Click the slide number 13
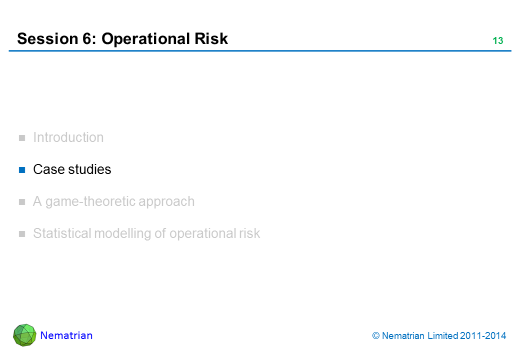[x=498, y=40]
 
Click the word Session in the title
[x=47, y=39]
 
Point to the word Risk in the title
[x=211, y=39]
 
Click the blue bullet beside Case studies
[x=22, y=170]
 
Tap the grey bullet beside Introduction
[x=22, y=138]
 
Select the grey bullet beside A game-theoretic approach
[x=22, y=202]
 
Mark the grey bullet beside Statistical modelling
[x=22, y=234]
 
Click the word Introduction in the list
[x=68, y=137]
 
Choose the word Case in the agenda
[x=49, y=169]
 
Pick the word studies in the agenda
[x=89, y=169]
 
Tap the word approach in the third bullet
[x=166, y=202]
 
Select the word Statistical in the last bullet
[x=62, y=233]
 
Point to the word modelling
[x=122, y=234]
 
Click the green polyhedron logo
[x=24, y=335]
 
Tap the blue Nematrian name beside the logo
[x=66, y=335]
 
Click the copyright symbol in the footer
[x=375, y=336]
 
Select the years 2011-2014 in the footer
[x=483, y=336]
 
